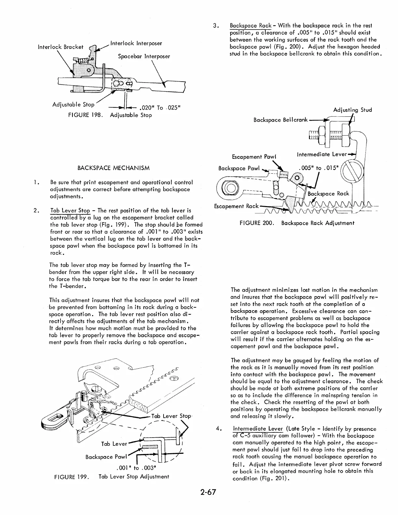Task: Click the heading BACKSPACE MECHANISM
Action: pyautogui.click(x=114, y=168)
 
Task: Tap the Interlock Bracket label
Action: pyautogui.click(x=60, y=47)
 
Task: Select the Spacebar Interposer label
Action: pyautogui.click(x=144, y=56)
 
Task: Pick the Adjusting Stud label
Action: pyautogui.click(x=352, y=110)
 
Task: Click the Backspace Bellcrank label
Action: pyautogui.click(x=280, y=120)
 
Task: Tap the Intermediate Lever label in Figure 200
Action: pyautogui.click(x=322, y=154)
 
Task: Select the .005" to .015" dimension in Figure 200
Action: pyautogui.click(x=318, y=168)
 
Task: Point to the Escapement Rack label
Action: pyautogui.click(x=236, y=206)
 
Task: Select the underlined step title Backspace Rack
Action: pyautogui.click(x=250, y=25)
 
